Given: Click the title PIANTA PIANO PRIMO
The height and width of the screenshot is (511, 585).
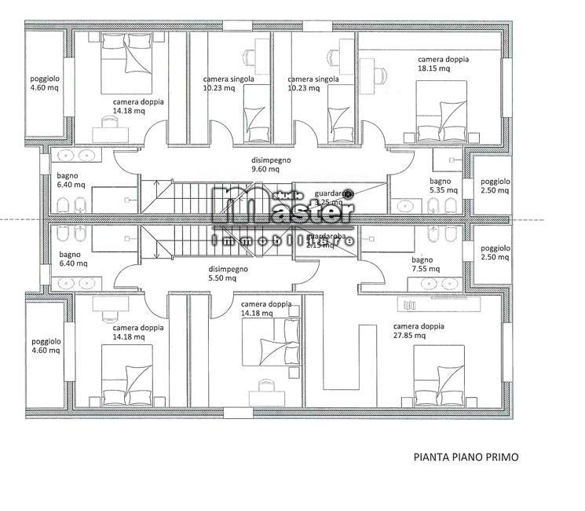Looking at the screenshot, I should pyautogui.click(x=466, y=456).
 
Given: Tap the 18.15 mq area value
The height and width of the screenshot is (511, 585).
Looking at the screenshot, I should pyautogui.click(x=434, y=69).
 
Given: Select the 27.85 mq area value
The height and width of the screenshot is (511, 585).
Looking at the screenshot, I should pyautogui.click(x=410, y=336).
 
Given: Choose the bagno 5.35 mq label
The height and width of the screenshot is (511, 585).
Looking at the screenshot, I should pyautogui.click(x=440, y=186).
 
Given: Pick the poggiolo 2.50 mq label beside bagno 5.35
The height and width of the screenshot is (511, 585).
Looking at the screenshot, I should pyautogui.click(x=495, y=186).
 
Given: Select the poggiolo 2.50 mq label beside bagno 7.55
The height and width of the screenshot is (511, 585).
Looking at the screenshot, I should pyautogui.click(x=495, y=252).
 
